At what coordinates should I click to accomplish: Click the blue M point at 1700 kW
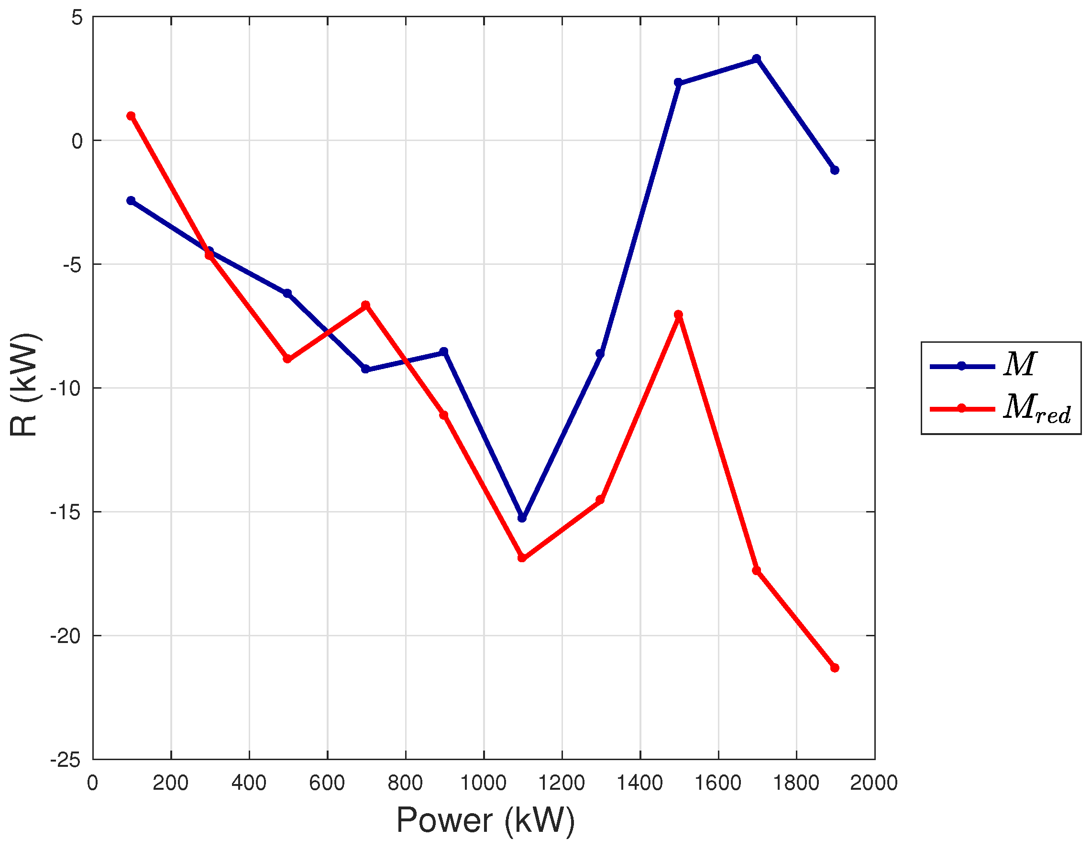point(757,59)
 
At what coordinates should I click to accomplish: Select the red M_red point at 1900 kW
point(835,668)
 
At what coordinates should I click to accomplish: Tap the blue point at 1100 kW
point(522,518)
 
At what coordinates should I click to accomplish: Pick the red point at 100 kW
point(131,116)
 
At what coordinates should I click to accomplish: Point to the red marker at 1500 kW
point(678,315)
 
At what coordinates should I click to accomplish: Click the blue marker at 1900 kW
point(835,170)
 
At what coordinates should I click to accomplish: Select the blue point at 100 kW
point(131,201)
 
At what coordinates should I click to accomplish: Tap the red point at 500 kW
point(287,359)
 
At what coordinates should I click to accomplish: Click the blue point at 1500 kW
point(678,82)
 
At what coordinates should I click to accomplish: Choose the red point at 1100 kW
point(522,557)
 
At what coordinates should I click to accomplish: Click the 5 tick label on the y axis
point(77,18)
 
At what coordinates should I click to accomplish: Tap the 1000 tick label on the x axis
point(483,783)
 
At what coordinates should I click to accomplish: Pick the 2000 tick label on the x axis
point(874,783)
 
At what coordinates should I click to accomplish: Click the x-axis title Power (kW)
point(485,820)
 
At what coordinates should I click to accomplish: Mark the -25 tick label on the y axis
point(65,760)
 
